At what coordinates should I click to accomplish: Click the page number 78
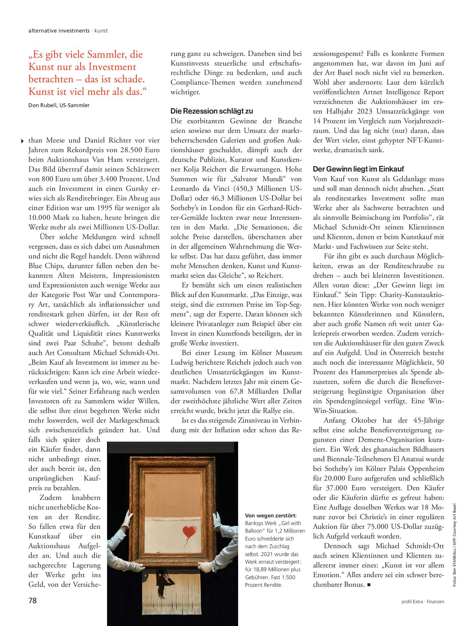[32, 601]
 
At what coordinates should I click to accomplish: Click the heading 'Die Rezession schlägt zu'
[211, 111]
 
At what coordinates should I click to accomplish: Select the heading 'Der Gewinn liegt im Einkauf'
[358, 169]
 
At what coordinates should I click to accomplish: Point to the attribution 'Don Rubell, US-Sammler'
[59, 105]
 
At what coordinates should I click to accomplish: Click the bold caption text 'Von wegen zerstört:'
[271, 516]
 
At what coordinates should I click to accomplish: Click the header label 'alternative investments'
[59, 31]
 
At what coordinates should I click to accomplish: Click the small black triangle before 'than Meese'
[23, 141]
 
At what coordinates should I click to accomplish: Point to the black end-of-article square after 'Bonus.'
[369, 585]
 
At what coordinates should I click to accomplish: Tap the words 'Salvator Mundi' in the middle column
[258, 179]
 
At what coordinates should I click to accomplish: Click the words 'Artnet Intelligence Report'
[403, 92]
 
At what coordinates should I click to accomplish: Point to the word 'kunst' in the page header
[101, 31]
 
